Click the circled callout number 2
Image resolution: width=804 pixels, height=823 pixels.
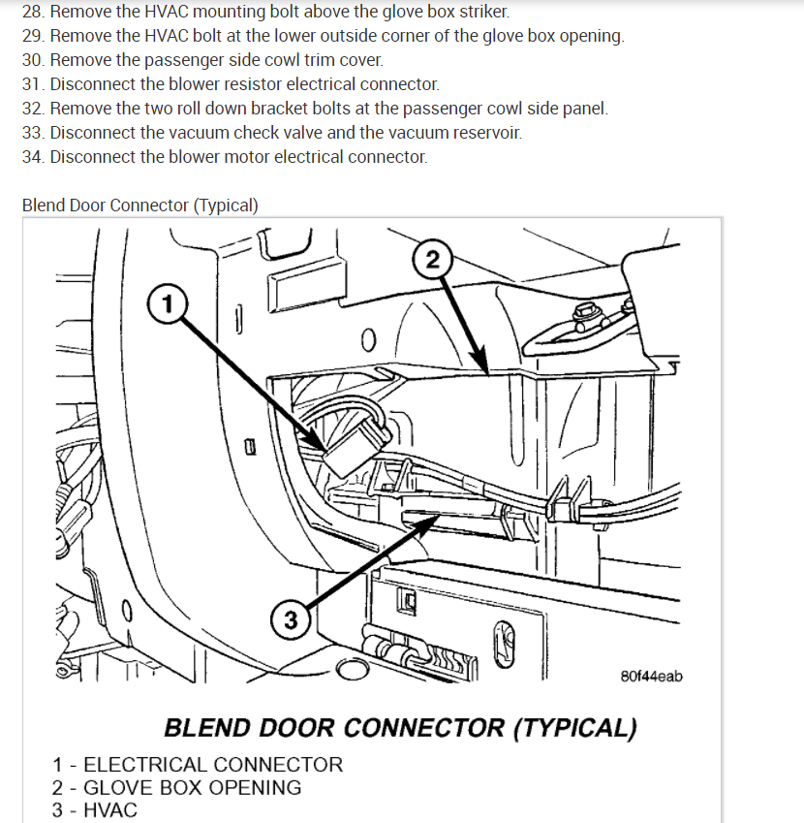point(432,259)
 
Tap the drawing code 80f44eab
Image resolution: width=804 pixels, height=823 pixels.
point(651,675)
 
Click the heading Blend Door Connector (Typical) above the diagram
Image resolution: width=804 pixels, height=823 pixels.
point(139,206)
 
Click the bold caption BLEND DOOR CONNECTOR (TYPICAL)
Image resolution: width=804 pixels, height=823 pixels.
point(400,727)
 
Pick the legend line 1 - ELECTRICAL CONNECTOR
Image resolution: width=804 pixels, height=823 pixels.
point(198,765)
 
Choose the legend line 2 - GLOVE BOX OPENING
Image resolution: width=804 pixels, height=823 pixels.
point(177,787)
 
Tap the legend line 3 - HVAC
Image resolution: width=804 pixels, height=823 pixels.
point(95,809)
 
